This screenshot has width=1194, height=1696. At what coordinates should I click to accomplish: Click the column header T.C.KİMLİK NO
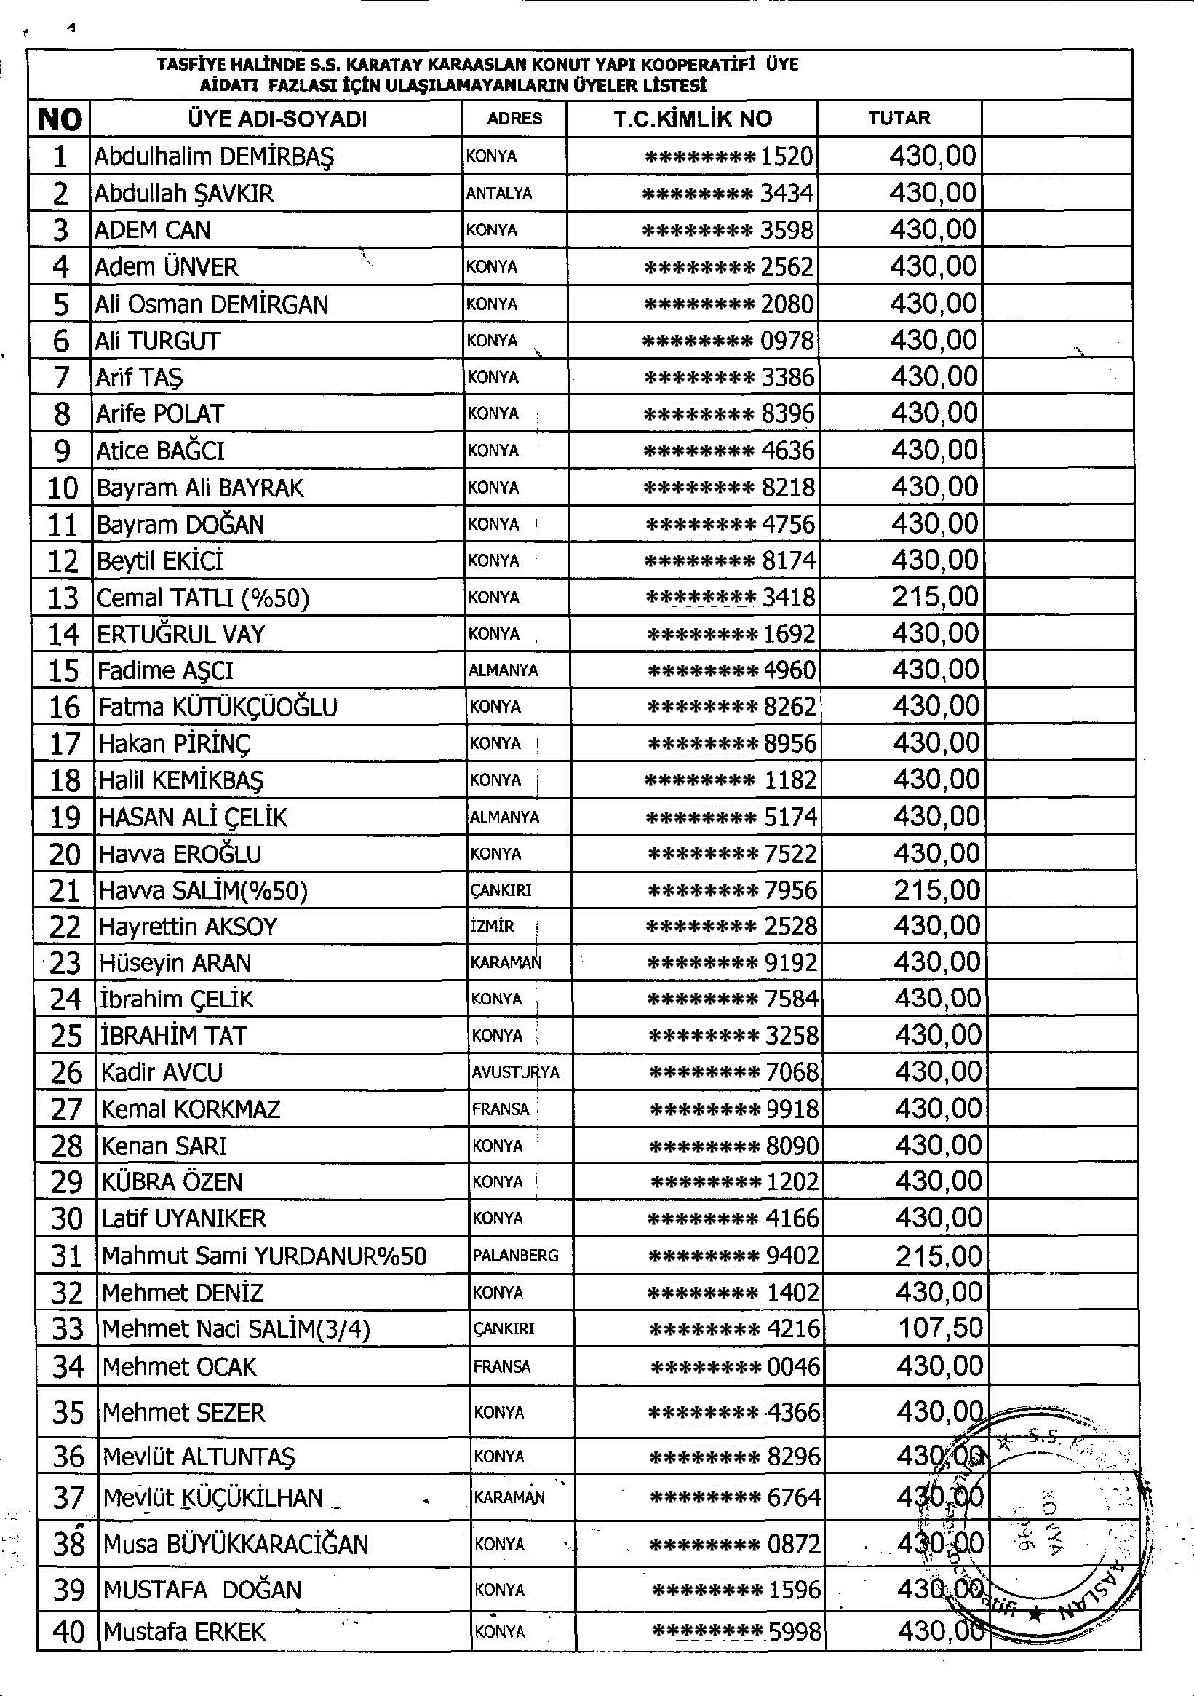pyautogui.click(x=692, y=119)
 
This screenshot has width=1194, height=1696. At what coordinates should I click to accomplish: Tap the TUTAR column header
pyautogui.click(x=899, y=118)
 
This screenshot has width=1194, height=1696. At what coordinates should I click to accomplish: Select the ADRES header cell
pyautogui.click(x=514, y=119)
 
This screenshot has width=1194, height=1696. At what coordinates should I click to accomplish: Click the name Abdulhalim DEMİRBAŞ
pyautogui.click(x=214, y=156)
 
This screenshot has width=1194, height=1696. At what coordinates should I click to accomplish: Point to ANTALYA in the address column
pyautogui.click(x=499, y=194)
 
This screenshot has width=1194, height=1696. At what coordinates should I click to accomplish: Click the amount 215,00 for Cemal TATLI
pyautogui.click(x=935, y=597)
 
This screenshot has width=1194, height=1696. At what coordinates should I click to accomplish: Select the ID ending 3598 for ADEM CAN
pyautogui.click(x=728, y=230)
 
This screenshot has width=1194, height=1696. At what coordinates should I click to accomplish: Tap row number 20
pyautogui.click(x=64, y=854)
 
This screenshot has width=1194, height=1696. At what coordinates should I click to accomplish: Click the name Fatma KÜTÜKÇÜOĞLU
pyautogui.click(x=218, y=707)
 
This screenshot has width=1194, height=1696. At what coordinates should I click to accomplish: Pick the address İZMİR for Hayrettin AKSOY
pyautogui.click(x=493, y=927)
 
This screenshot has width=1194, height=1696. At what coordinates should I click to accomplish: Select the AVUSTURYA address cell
pyautogui.click(x=515, y=1071)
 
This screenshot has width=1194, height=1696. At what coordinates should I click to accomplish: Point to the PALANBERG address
pyautogui.click(x=515, y=1256)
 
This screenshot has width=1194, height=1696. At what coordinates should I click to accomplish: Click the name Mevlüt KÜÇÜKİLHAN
pyautogui.click(x=213, y=1497)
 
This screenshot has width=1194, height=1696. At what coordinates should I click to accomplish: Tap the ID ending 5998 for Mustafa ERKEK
pyautogui.click(x=736, y=1632)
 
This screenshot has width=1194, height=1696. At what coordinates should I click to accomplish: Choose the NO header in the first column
pyautogui.click(x=59, y=119)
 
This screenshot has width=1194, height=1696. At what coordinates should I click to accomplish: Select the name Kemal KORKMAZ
pyautogui.click(x=191, y=1109)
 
